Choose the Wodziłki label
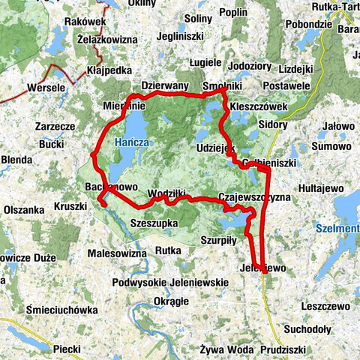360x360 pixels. (x=167, y=192)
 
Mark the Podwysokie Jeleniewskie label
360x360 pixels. (x=171, y=283)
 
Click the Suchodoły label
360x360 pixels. (x=309, y=328)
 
